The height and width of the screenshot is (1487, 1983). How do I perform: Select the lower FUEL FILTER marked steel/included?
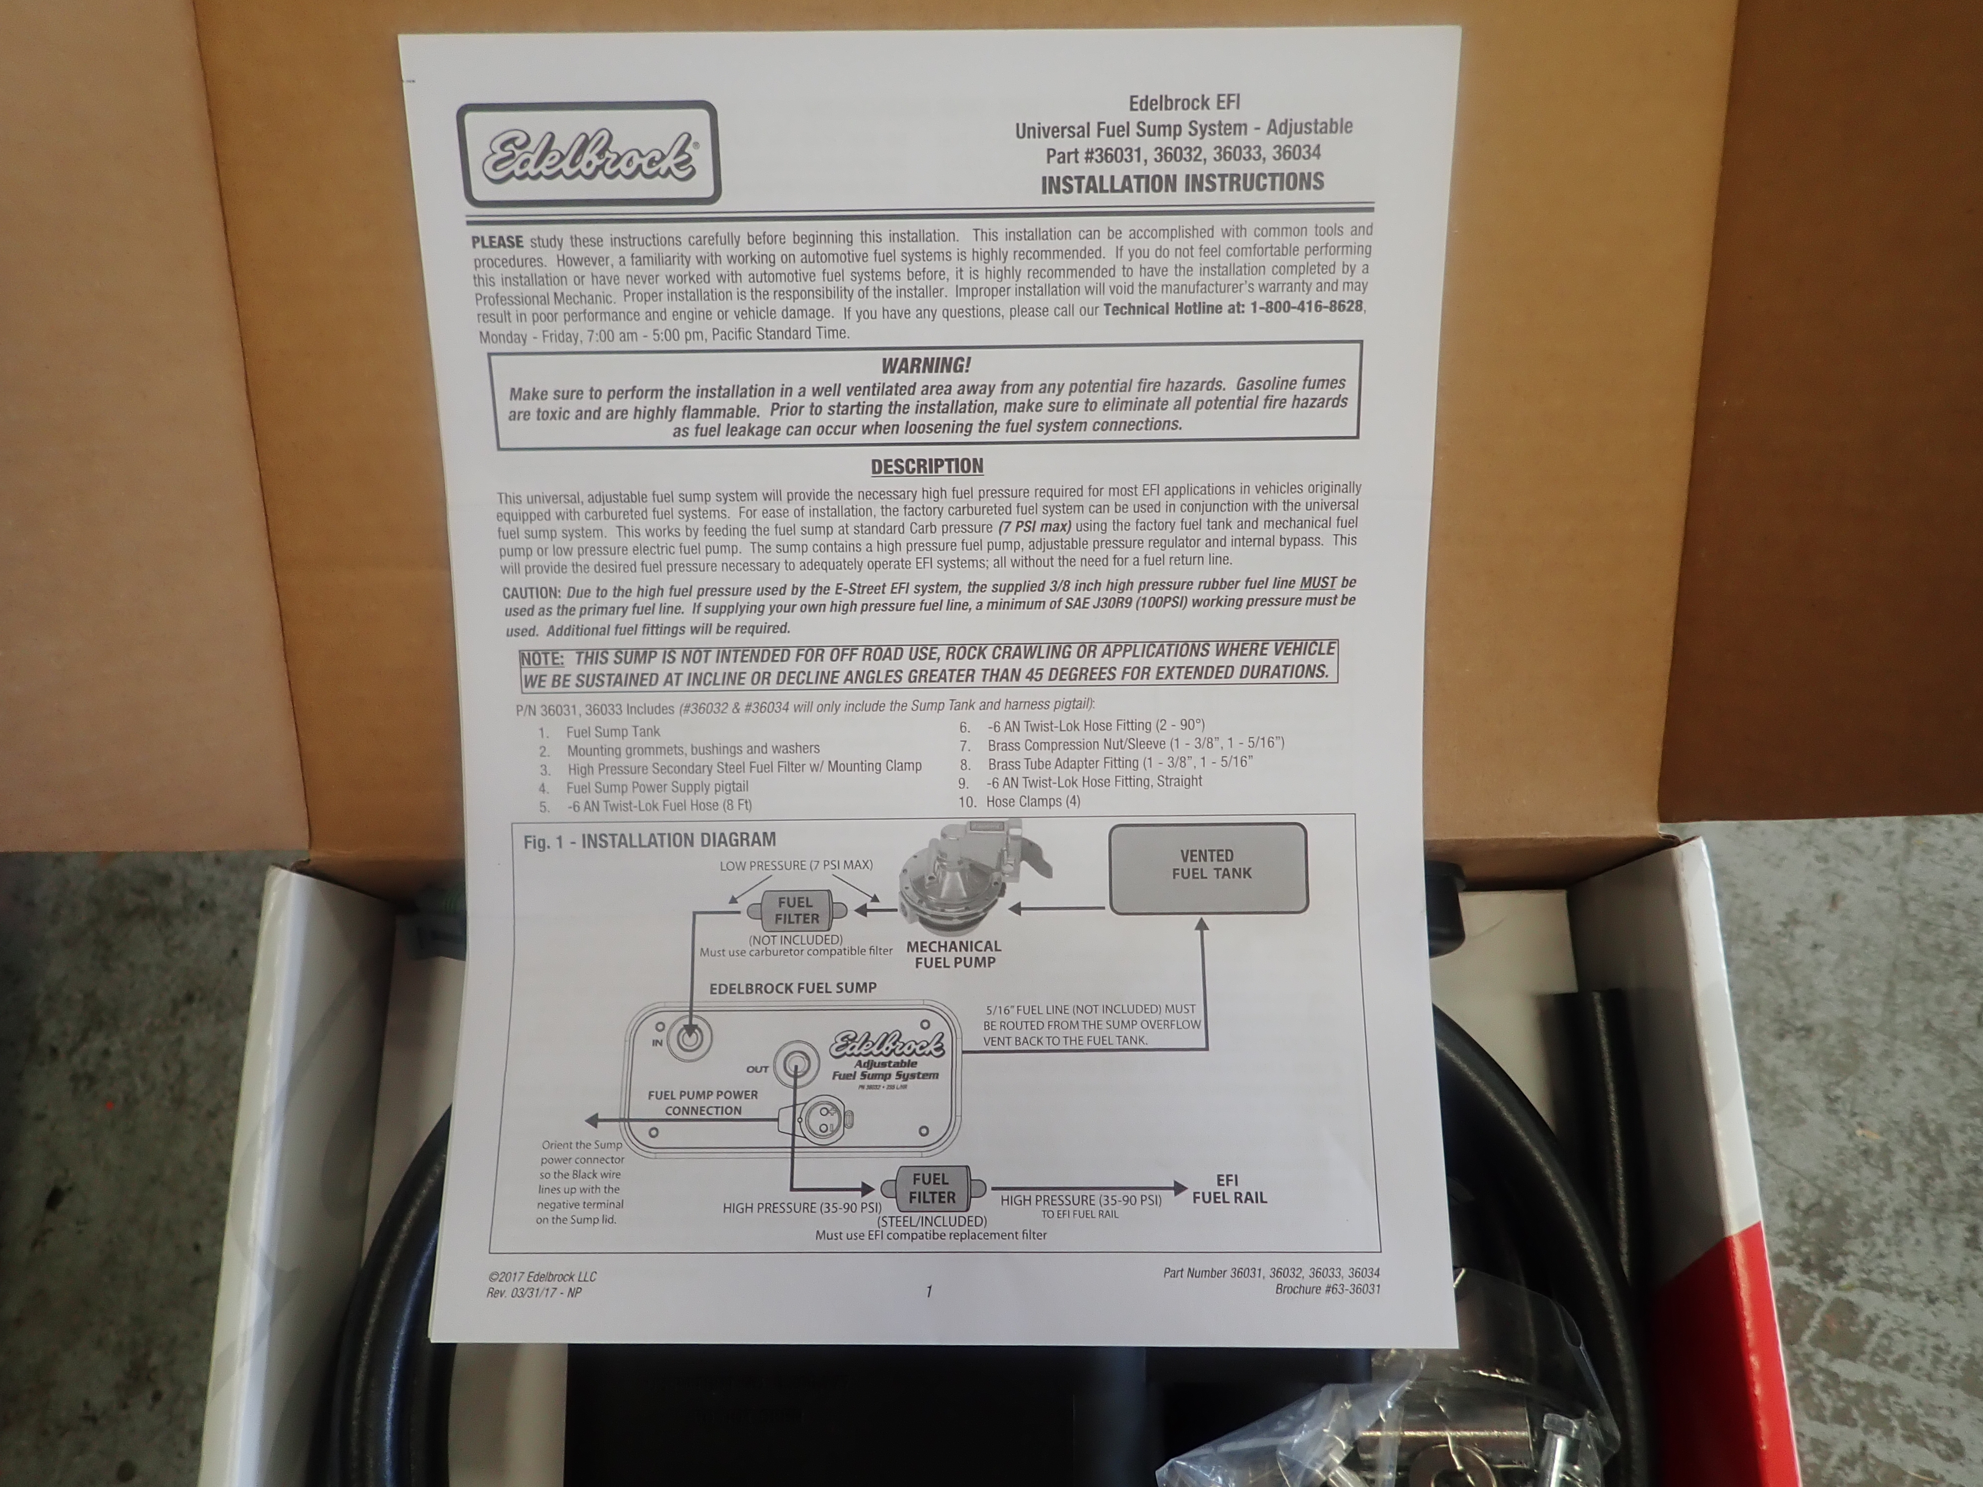tap(933, 1189)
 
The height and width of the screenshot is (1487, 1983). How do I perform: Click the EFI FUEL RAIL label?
tap(1229, 1190)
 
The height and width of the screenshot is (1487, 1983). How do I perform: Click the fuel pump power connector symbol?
tap(816, 1120)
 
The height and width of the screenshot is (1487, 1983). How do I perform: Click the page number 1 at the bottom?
tap(929, 1292)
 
